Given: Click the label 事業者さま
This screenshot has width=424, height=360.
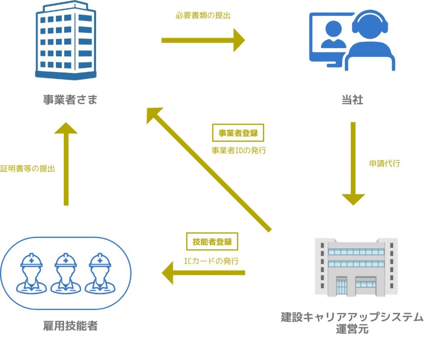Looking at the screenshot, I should click(70, 100).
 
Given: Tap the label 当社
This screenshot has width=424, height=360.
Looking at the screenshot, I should click(352, 100).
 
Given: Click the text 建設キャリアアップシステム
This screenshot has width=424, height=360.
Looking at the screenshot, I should click(352, 318).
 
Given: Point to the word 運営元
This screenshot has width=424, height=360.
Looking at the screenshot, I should click(352, 330).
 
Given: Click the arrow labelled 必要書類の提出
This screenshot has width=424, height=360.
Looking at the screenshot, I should click(203, 40).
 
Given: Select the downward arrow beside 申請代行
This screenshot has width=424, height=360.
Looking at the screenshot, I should click(353, 163).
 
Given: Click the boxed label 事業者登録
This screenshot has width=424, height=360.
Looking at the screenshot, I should click(238, 133).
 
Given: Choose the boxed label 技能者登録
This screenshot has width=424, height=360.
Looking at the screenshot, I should click(212, 242).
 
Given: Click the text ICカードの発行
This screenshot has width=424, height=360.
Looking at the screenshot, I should click(212, 261).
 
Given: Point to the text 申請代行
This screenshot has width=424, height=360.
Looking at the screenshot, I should click(384, 163).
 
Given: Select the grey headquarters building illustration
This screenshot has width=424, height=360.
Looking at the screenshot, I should click(356, 267).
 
